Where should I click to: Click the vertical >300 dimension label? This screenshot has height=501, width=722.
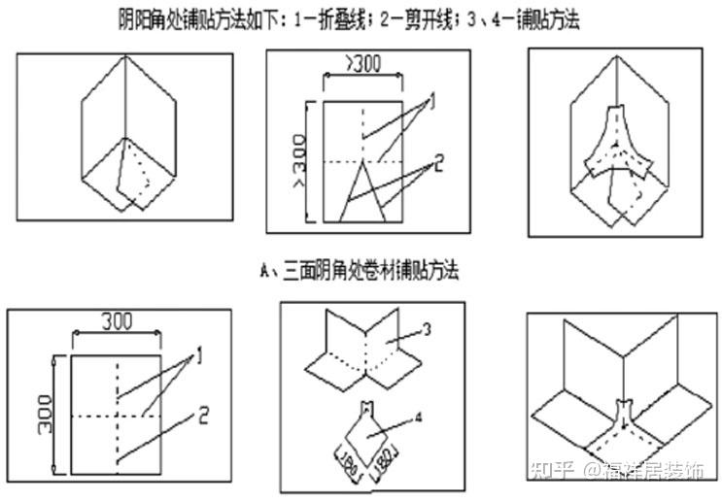(299, 157)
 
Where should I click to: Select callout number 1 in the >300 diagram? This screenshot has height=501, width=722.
(430, 101)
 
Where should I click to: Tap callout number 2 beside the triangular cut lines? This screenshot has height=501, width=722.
(438, 163)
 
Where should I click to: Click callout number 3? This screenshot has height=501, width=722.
(426, 329)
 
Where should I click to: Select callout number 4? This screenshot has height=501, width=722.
(419, 418)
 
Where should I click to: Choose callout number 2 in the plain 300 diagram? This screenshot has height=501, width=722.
(204, 417)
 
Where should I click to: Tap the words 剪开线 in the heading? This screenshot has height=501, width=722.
(430, 18)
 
